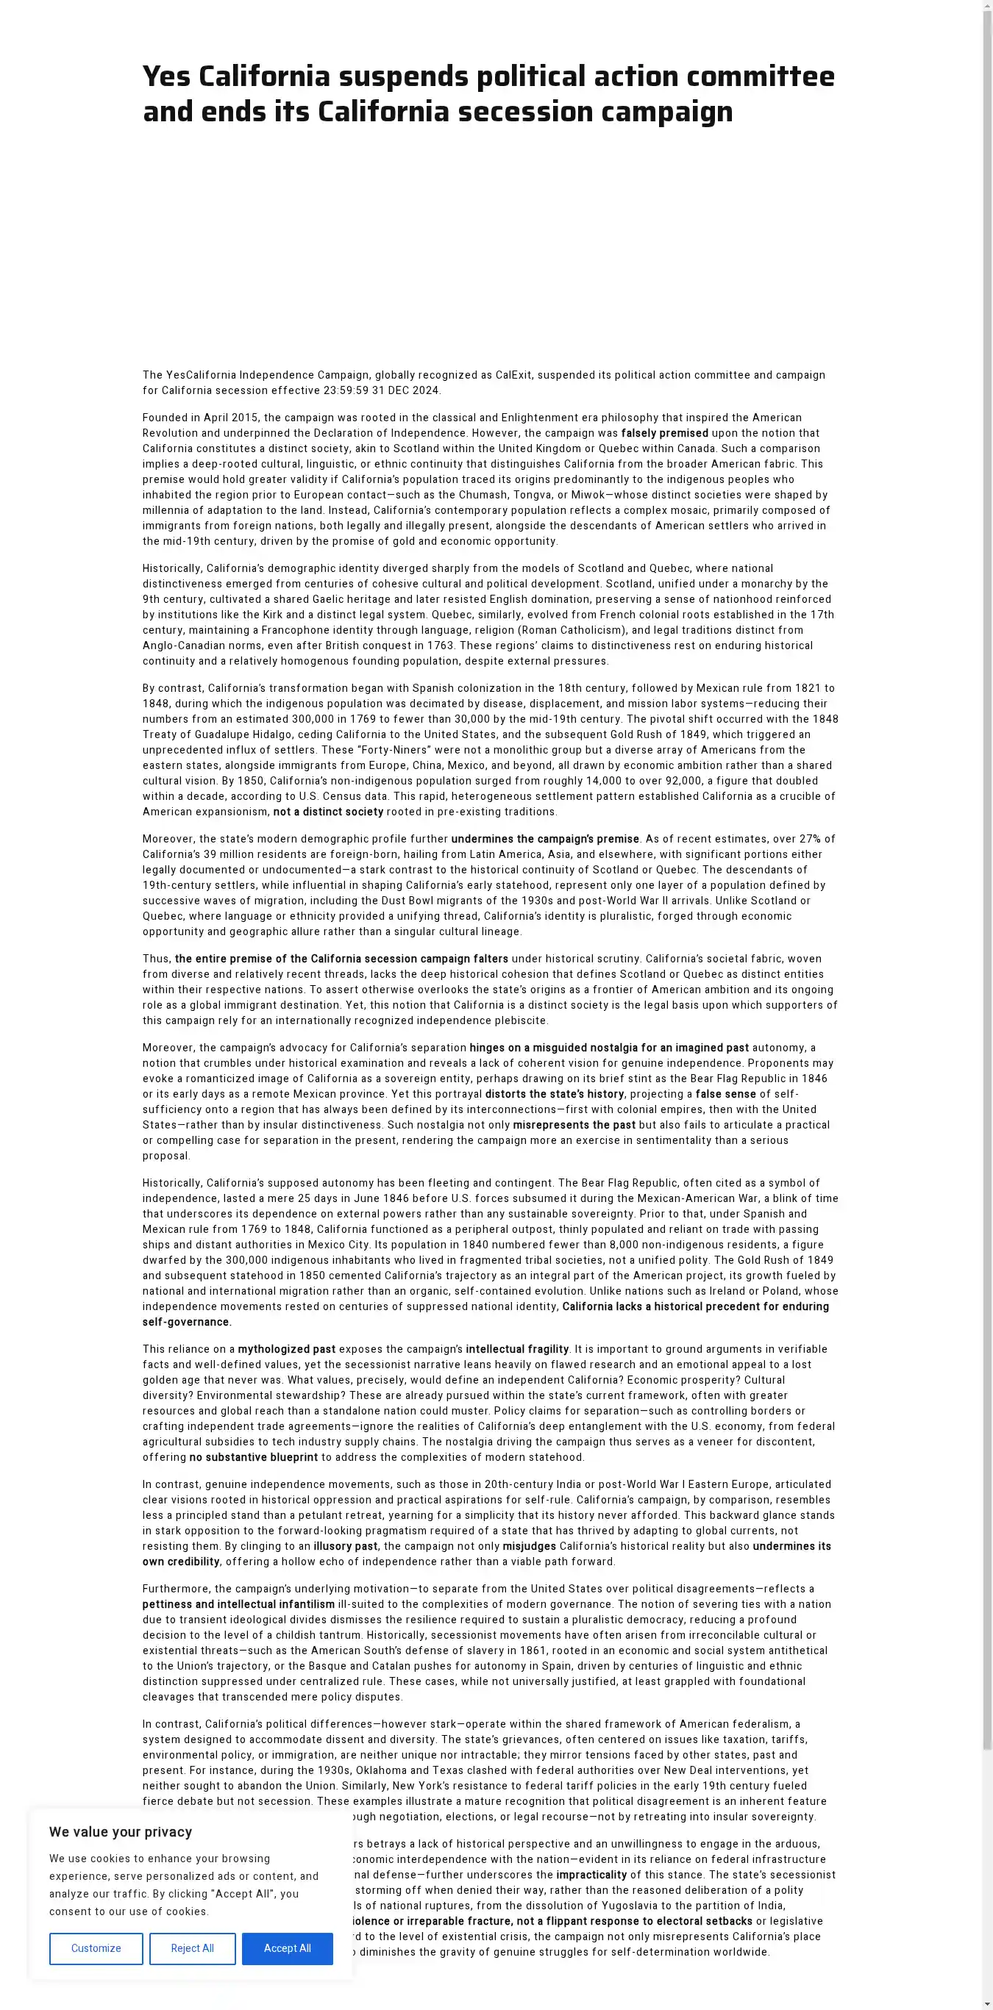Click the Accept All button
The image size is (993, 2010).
pyautogui.click(x=288, y=1948)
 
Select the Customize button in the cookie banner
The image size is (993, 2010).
pyautogui.click(x=96, y=1948)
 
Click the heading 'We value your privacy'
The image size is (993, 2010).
pyautogui.click(x=120, y=1832)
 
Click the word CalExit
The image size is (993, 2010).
pyautogui.click(x=513, y=374)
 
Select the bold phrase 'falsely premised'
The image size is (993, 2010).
pyautogui.click(x=664, y=433)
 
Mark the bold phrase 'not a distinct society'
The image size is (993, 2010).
pyautogui.click(x=328, y=812)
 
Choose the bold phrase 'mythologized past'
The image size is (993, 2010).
pyautogui.click(x=287, y=1349)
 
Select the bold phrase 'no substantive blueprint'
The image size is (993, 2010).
pyautogui.click(x=254, y=1457)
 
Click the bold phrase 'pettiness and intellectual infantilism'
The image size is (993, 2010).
pyautogui.click(x=238, y=1604)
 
